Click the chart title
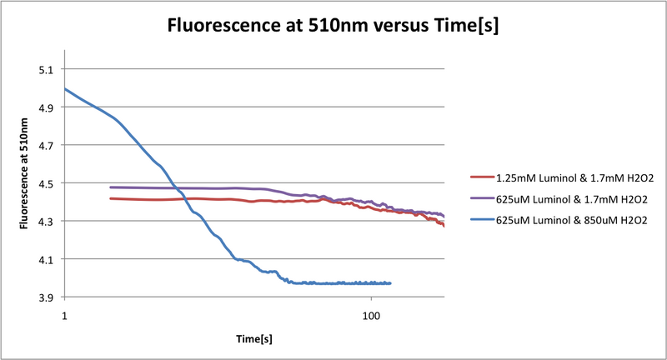333,24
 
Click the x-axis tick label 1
64,317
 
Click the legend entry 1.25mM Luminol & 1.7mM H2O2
567,177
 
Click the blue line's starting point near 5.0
65,89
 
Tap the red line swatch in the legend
480,177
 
